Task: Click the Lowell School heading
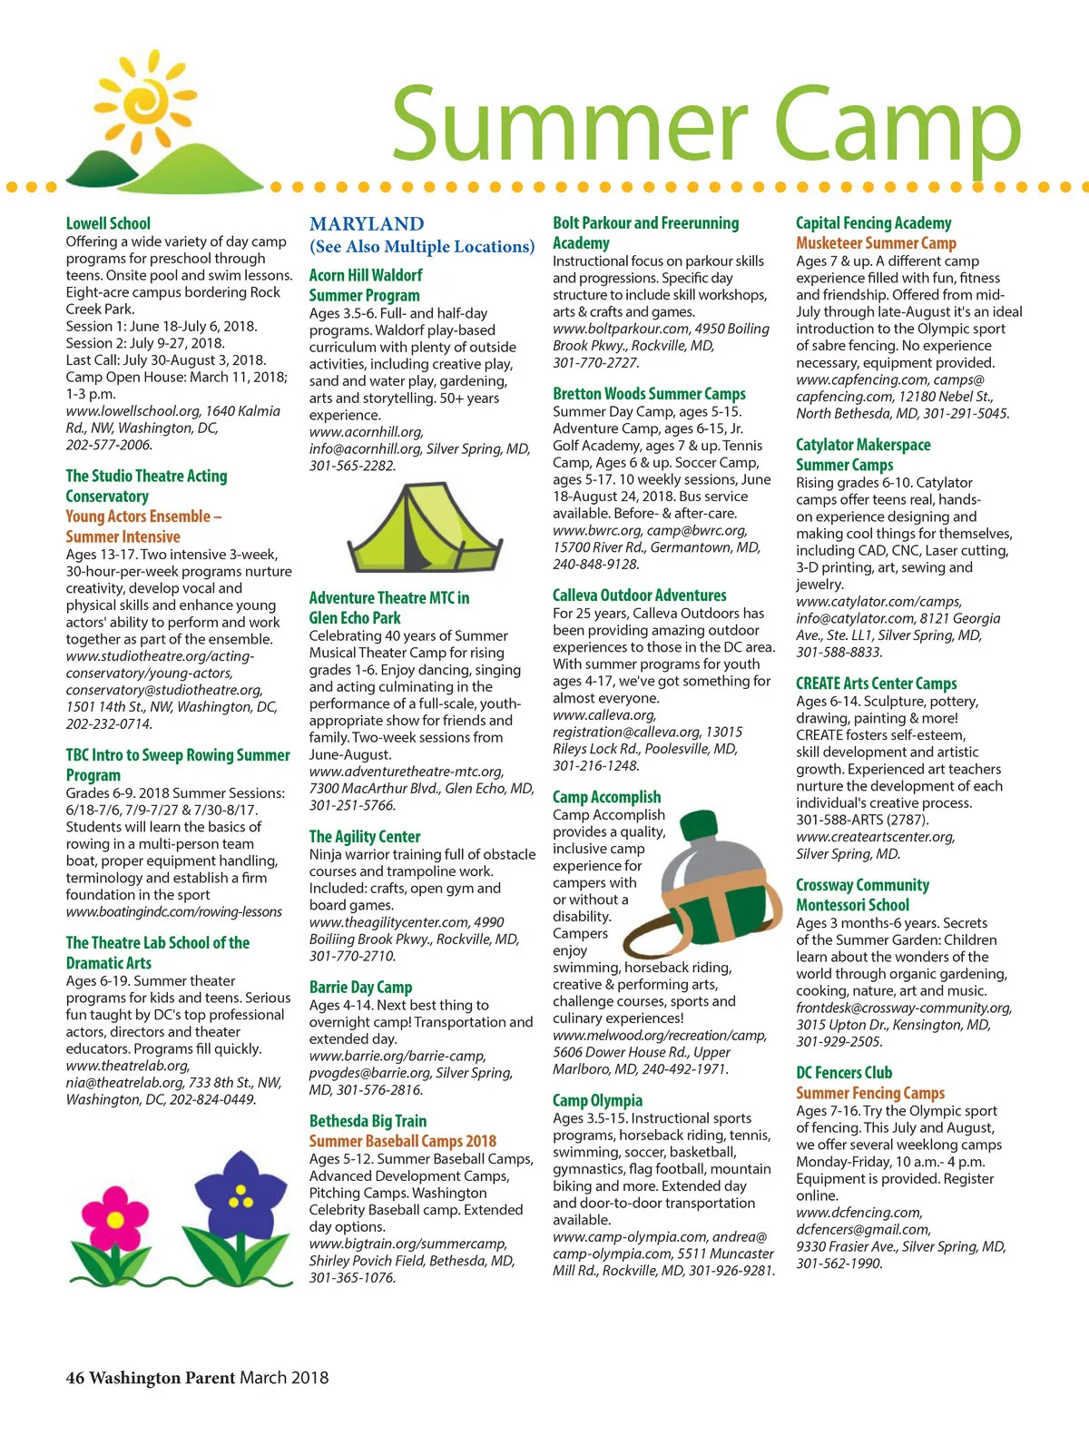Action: coord(108,223)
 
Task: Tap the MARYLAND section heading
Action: coord(367,223)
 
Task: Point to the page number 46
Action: coord(74,1377)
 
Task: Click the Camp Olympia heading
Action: coord(597,1100)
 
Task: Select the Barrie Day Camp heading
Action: coord(360,987)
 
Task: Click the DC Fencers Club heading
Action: coord(844,1073)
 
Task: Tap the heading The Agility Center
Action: coord(365,836)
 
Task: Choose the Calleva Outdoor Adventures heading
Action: coord(640,595)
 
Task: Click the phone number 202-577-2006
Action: coord(109,445)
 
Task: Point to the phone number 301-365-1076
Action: coord(352,1277)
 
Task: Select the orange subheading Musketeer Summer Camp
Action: coord(876,243)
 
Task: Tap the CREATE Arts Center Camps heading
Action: coord(876,684)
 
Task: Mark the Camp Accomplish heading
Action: coord(606,797)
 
